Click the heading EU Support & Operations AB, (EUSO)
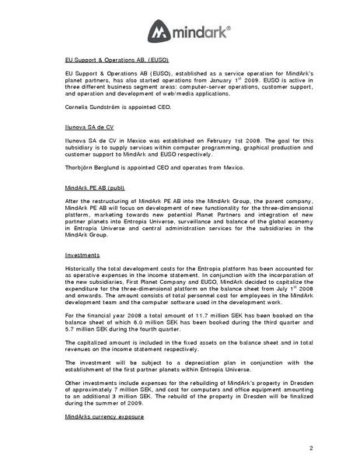(117, 59)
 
